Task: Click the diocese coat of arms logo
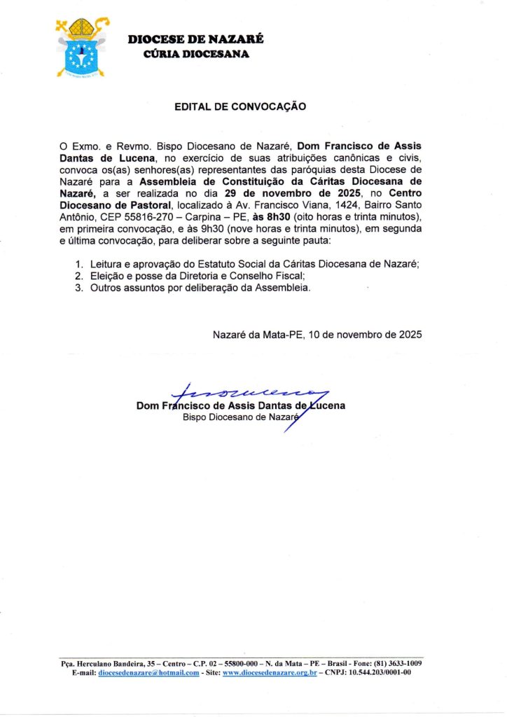pyautogui.click(x=83, y=48)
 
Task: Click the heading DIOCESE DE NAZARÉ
pyautogui.click(x=195, y=40)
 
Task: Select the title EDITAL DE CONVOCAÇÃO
pyautogui.click(x=240, y=106)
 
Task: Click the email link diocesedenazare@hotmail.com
pyautogui.click(x=148, y=672)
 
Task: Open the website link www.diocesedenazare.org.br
pyautogui.click(x=270, y=672)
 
